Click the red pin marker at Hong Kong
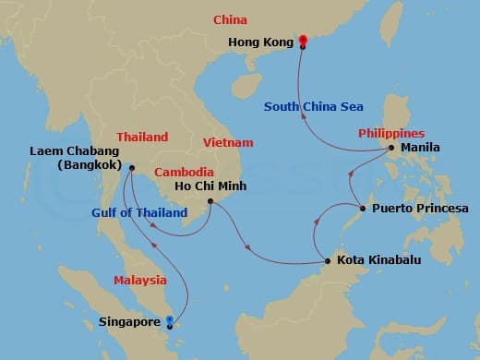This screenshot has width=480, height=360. click(301, 39)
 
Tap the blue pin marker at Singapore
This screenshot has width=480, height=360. click(168, 322)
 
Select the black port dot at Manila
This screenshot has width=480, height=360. click(391, 148)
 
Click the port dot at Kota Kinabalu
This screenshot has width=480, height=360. click(328, 261)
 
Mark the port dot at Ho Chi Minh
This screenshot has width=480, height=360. click(210, 201)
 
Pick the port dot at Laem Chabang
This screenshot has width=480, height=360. click(131, 168)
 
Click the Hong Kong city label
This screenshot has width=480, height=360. click(262, 42)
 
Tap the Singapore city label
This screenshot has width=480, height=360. click(129, 323)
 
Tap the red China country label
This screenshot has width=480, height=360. click(230, 19)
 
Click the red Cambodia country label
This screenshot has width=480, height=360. click(184, 173)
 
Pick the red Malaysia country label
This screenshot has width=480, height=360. click(140, 280)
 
